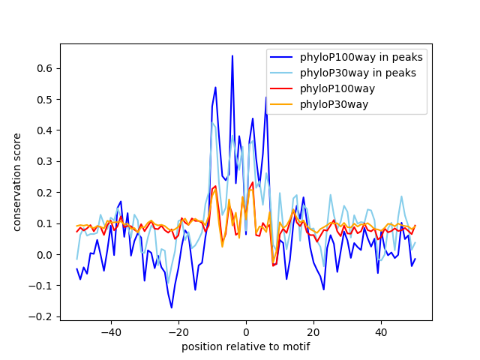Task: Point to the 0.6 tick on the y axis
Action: point(47,68)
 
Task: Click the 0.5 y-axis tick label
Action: point(47,100)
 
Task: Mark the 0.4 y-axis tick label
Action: point(47,130)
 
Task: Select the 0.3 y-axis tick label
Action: point(47,162)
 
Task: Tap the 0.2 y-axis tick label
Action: point(47,193)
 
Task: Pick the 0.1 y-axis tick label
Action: point(47,223)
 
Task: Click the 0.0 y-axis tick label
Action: point(47,255)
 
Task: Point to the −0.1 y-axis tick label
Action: point(44,286)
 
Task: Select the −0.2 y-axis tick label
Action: point(44,317)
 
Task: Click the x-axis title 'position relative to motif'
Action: point(245,346)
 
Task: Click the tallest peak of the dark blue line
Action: point(232,56)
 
